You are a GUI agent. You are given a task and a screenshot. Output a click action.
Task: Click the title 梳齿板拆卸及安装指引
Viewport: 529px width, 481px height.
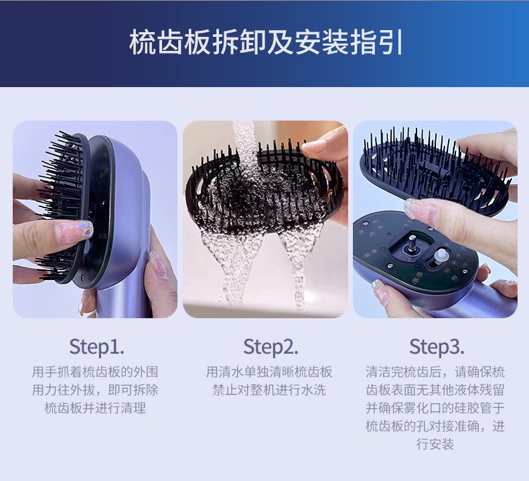pyautogui.click(x=266, y=42)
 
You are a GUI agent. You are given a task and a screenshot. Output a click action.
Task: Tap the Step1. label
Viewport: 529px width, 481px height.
pyautogui.click(x=97, y=346)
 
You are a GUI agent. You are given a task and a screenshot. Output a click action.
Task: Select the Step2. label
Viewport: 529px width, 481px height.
pyautogui.click(x=271, y=346)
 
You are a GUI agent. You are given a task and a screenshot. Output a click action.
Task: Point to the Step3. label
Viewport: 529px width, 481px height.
pyautogui.click(x=437, y=346)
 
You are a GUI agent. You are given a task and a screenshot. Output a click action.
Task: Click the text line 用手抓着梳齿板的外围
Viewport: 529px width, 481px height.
pyautogui.click(x=95, y=372)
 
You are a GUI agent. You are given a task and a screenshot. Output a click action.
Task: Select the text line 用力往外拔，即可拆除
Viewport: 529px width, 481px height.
pyautogui.click(x=95, y=390)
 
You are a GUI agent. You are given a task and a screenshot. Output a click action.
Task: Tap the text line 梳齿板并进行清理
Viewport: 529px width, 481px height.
pyautogui.click(x=95, y=408)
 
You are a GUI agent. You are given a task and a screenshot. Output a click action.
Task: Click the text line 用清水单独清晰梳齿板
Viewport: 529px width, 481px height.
pyautogui.click(x=269, y=372)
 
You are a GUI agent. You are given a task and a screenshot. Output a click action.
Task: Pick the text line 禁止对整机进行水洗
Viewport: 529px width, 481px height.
pyautogui.click(x=269, y=390)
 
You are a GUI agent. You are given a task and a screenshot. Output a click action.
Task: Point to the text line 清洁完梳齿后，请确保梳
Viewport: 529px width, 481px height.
pyautogui.click(x=435, y=372)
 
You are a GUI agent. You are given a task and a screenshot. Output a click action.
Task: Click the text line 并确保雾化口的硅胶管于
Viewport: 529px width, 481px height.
pyautogui.click(x=435, y=408)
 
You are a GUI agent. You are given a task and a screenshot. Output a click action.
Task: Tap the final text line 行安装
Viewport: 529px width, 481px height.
pyautogui.click(x=435, y=443)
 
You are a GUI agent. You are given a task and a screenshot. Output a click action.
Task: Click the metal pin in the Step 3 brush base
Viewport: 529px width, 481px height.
pyautogui.click(x=412, y=243)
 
